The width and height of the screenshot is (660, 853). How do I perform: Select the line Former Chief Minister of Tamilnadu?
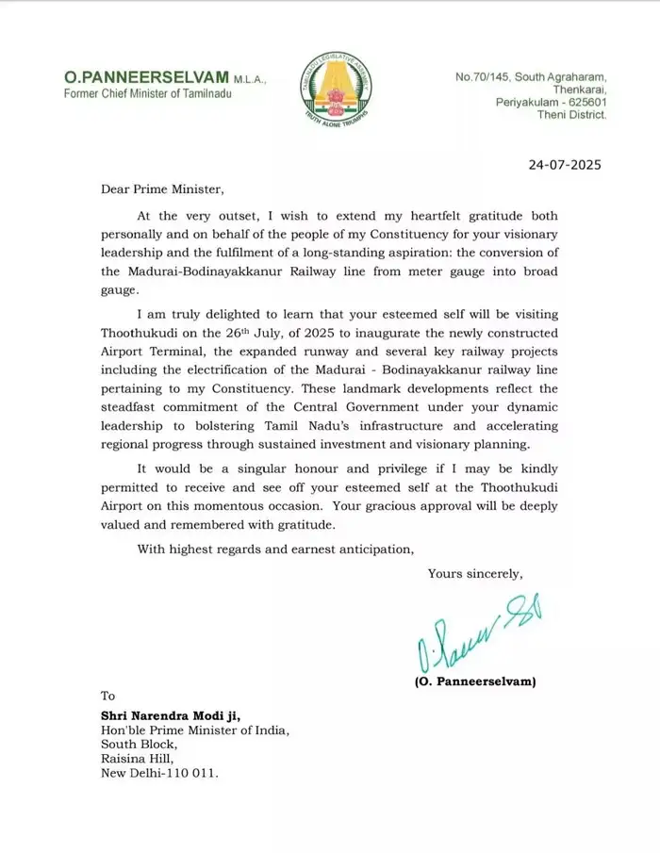tap(146, 93)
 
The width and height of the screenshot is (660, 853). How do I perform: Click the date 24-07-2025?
tap(564, 165)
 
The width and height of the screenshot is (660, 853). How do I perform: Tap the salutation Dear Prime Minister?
tap(164, 189)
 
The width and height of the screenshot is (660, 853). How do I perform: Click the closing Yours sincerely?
tap(474, 573)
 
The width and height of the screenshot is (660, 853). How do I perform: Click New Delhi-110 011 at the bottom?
tap(159, 773)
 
